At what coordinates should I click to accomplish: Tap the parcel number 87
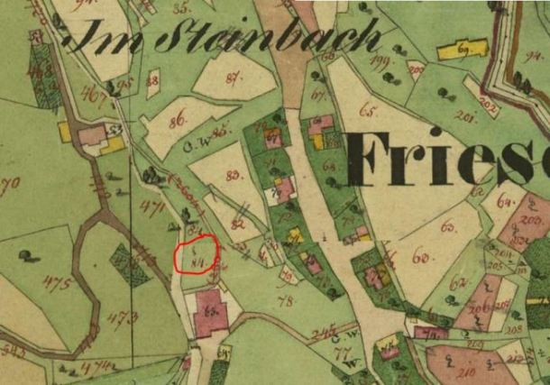[x=235, y=78]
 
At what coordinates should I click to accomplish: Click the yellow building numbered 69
[x=462, y=49]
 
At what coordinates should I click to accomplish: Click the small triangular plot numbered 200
[x=416, y=69]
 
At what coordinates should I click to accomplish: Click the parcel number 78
[x=286, y=300]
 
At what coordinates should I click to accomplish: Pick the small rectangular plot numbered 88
[x=152, y=80]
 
